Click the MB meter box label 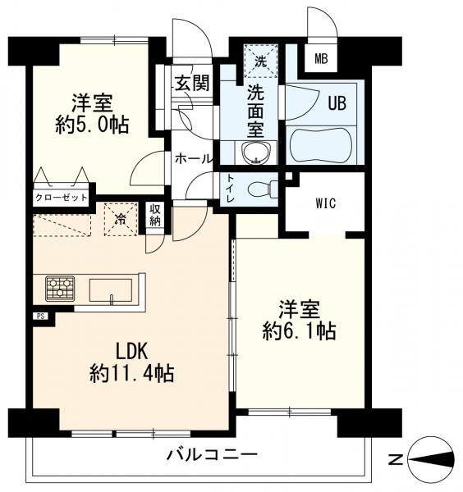321,59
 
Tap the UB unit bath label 337,103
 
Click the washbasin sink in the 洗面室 256,153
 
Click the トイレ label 231,189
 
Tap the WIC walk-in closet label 326,203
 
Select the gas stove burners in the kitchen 60,289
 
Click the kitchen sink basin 111,290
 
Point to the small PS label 40,316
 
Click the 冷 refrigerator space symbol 121,219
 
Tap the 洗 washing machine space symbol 260,61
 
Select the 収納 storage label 155,215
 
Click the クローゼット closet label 61,198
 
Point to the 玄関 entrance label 192,84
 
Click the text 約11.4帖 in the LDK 131,373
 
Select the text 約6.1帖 299,330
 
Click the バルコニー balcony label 212,454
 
